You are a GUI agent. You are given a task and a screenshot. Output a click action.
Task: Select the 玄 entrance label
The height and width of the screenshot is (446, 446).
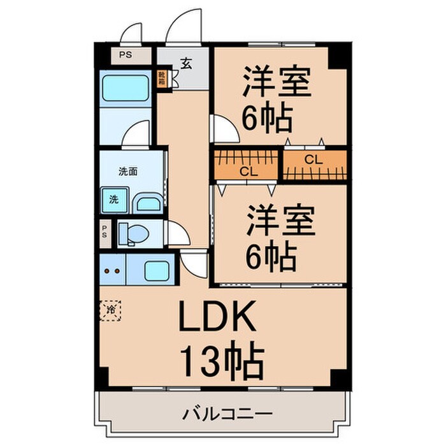click(x=186, y=63)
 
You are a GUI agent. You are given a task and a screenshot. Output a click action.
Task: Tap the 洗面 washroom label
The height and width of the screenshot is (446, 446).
click(x=128, y=171)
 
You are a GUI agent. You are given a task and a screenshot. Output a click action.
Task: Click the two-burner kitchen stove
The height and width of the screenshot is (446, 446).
click(x=112, y=270)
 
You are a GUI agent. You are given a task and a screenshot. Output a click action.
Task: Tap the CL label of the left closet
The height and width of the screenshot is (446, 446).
click(x=247, y=171)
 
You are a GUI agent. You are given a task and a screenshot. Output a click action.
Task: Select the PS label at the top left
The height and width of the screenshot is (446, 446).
click(x=126, y=55)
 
